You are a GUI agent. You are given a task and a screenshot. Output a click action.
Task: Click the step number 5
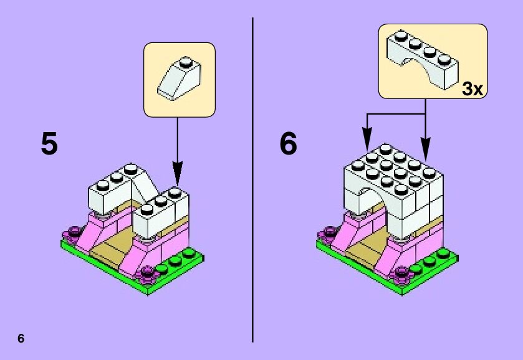(x=49, y=144)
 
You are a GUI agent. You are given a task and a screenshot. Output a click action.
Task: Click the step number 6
(x=289, y=144)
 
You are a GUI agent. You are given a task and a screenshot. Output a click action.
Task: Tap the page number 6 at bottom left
(x=21, y=339)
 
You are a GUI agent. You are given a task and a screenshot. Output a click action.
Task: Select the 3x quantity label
(x=472, y=89)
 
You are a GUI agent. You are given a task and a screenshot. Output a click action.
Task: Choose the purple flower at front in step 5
(x=148, y=272)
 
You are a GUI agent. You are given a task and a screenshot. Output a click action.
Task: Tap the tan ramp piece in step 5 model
(x=112, y=246)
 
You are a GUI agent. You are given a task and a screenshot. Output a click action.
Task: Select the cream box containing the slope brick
(x=180, y=79)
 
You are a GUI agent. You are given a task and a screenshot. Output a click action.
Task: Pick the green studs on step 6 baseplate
(x=430, y=257)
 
